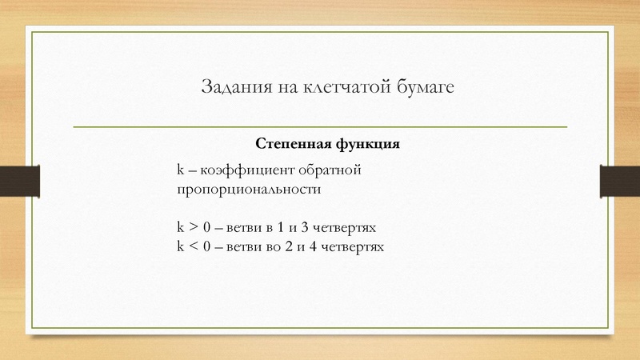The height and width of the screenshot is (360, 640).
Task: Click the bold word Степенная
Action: (x=291, y=145)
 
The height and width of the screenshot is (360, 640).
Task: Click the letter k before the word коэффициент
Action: (x=181, y=170)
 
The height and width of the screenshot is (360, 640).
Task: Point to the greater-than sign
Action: (x=194, y=228)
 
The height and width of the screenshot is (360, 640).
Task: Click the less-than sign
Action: (x=194, y=247)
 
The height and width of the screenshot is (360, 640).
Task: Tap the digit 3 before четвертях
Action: (x=305, y=228)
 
